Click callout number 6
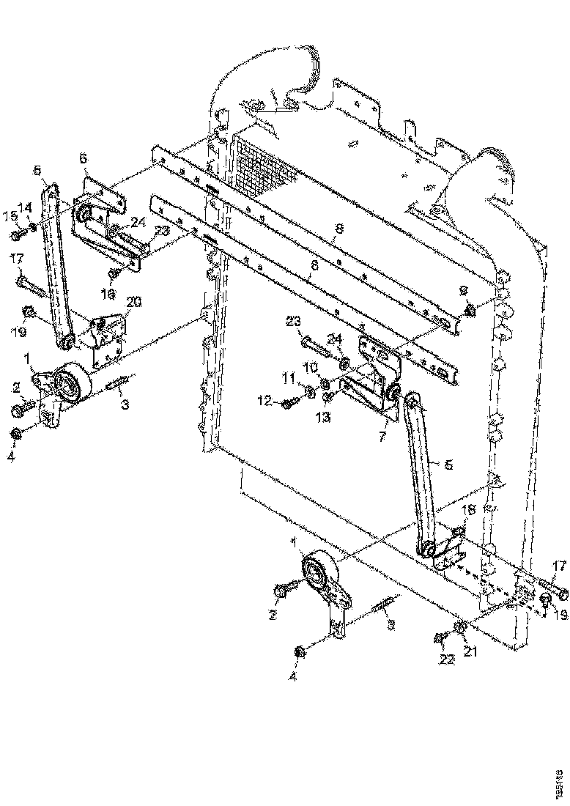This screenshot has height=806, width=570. point(83,158)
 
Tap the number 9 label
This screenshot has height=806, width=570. point(463,291)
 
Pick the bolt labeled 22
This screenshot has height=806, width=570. point(441,639)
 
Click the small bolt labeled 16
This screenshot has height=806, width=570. point(114,274)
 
